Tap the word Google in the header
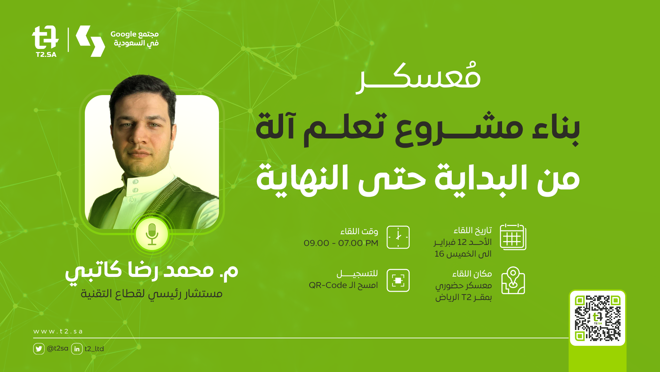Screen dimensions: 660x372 (123, 34)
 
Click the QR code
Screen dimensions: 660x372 (598, 318)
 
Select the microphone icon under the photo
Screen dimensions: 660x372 (152, 234)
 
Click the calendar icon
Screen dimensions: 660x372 (513, 237)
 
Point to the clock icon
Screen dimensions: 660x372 (398, 237)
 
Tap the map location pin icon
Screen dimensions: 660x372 (513, 280)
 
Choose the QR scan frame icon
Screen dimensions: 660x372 (398, 280)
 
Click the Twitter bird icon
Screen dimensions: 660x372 (39, 349)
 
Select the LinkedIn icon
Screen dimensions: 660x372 (77, 349)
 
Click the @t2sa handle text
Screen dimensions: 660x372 (58, 349)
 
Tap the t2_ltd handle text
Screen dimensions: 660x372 (94, 349)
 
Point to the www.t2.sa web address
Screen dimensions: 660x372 (58, 331)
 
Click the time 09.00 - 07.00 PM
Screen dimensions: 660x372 (341, 243)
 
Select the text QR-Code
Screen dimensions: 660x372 (328, 285)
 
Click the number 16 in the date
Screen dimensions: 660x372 (439, 254)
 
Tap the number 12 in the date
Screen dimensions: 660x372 (462, 242)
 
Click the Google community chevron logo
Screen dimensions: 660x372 (90, 41)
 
